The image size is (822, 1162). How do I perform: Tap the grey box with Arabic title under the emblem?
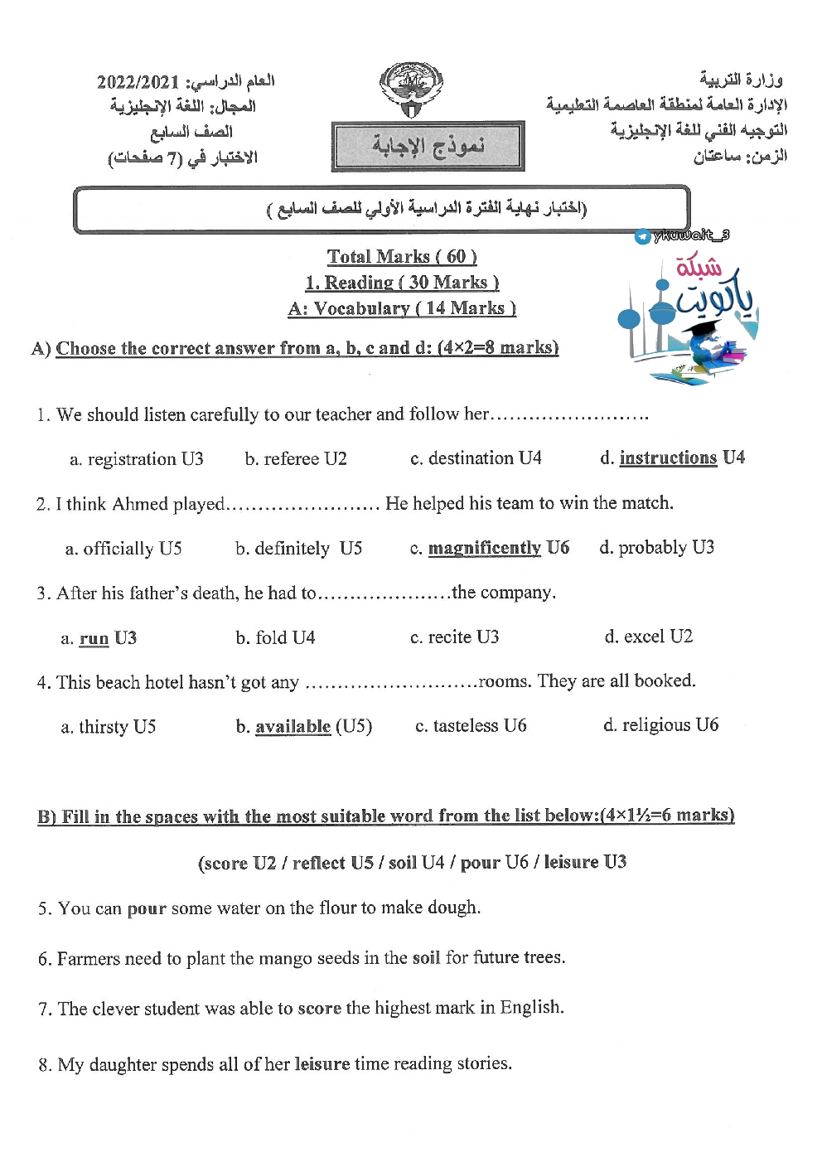click(x=428, y=146)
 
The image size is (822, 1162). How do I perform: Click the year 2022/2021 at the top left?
click(x=138, y=82)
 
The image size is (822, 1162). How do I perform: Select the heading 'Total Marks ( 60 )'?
click(x=402, y=257)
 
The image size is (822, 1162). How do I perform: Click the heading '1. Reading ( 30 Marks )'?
click(x=402, y=283)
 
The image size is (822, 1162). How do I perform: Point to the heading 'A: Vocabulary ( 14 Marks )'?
click(x=402, y=308)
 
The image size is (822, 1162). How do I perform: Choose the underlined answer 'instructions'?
click(x=668, y=458)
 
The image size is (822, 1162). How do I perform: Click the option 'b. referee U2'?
click(x=296, y=458)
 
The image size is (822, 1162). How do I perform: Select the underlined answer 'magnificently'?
click(x=484, y=548)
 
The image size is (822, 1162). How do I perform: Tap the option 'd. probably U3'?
click(x=656, y=547)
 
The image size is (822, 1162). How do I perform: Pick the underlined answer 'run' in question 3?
click(x=94, y=638)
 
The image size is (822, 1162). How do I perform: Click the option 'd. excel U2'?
click(x=648, y=637)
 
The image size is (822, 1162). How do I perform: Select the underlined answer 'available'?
click(x=293, y=727)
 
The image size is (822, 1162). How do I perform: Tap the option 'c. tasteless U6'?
click(x=471, y=726)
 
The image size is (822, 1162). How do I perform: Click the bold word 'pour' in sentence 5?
click(x=147, y=908)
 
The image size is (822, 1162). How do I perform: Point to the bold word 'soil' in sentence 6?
click(x=426, y=958)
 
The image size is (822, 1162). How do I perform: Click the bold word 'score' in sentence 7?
click(x=319, y=1008)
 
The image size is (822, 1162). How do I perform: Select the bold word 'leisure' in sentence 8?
click(x=322, y=1063)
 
